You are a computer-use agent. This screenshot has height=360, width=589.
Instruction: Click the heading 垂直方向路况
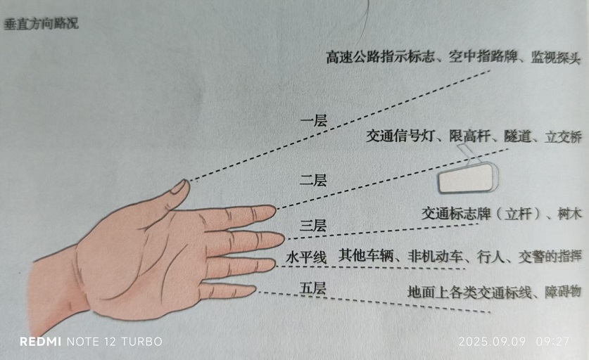[42, 23]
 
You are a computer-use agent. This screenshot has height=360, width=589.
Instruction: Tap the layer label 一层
[314, 121]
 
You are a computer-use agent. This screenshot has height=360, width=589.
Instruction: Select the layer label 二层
[313, 180]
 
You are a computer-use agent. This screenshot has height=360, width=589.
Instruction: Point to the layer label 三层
[313, 226]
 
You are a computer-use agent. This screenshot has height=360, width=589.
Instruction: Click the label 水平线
[306, 257]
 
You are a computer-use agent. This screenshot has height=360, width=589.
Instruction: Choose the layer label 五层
[313, 288]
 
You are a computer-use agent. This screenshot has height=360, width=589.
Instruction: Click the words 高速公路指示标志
[380, 57]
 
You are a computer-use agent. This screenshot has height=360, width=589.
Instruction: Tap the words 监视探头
[555, 58]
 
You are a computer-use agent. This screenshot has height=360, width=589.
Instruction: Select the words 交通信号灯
[400, 136]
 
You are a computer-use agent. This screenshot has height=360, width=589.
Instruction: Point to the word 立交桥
[563, 136]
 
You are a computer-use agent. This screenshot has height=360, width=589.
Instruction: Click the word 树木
[570, 214]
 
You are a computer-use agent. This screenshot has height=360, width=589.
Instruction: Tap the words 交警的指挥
[550, 257]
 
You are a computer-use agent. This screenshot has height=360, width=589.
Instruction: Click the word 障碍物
[563, 291]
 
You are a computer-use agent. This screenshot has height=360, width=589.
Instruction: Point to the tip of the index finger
[274, 210]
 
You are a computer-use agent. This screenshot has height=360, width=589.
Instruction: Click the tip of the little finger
[255, 289]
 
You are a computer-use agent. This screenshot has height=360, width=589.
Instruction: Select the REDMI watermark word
[40, 341]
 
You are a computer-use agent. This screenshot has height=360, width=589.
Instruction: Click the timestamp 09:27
[553, 342]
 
